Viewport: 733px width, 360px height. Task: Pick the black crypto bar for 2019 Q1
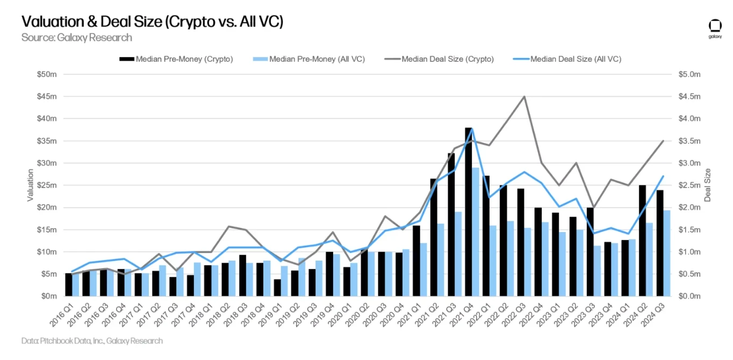(x=277, y=287)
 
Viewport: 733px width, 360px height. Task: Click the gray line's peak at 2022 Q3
(x=524, y=97)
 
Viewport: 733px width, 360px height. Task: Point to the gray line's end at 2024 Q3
(x=663, y=141)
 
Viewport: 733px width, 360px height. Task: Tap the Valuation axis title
(x=31, y=185)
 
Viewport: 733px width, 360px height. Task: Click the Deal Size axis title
(x=707, y=185)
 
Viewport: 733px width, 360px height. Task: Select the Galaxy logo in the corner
(x=715, y=28)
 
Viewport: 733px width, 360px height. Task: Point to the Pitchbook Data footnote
(x=92, y=341)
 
